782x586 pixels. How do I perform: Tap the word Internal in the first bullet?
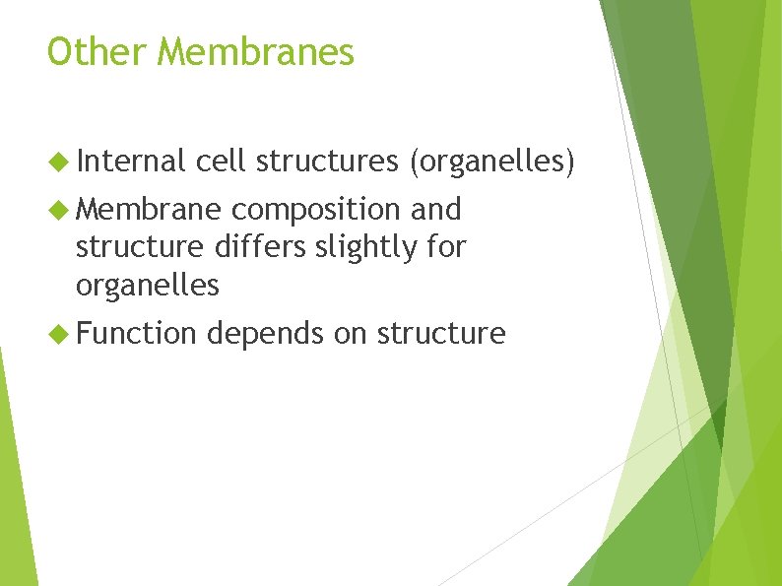click(131, 162)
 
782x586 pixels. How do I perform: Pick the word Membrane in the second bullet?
click(149, 209)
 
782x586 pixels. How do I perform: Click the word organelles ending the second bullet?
click(148, 287)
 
